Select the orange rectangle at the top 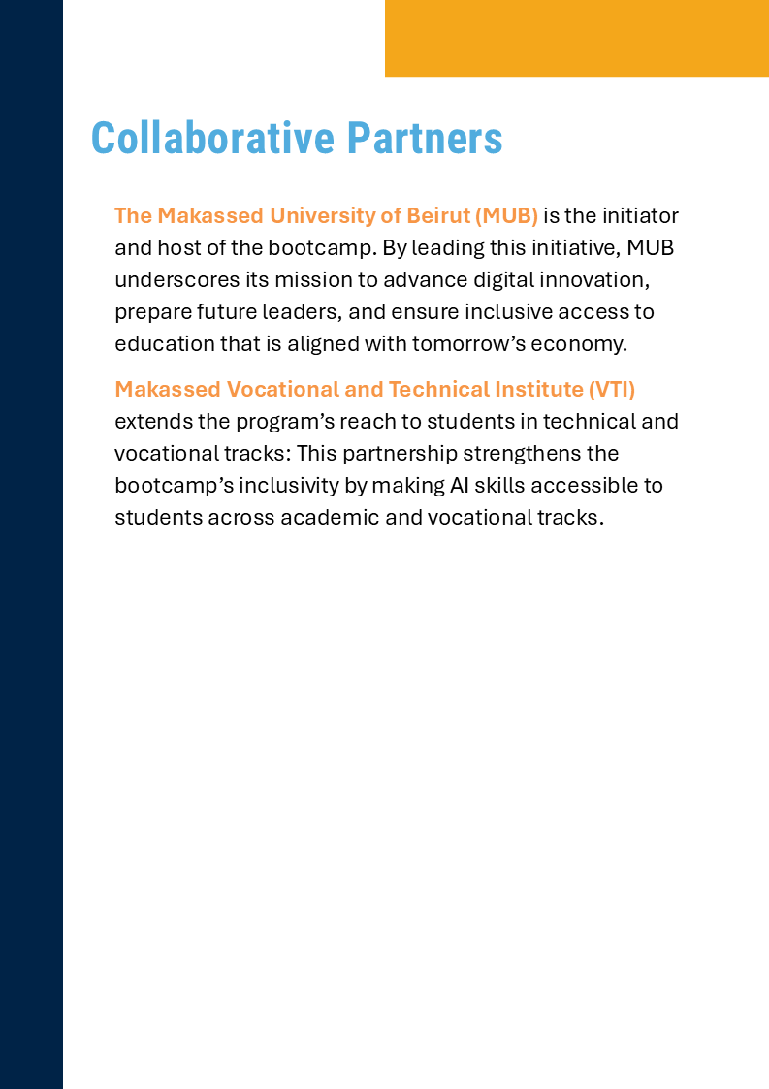click(x=576, y=38)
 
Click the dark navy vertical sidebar click(x=31, y=544)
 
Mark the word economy click(x=588, y=343)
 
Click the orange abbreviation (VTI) click(x=611, y=389)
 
